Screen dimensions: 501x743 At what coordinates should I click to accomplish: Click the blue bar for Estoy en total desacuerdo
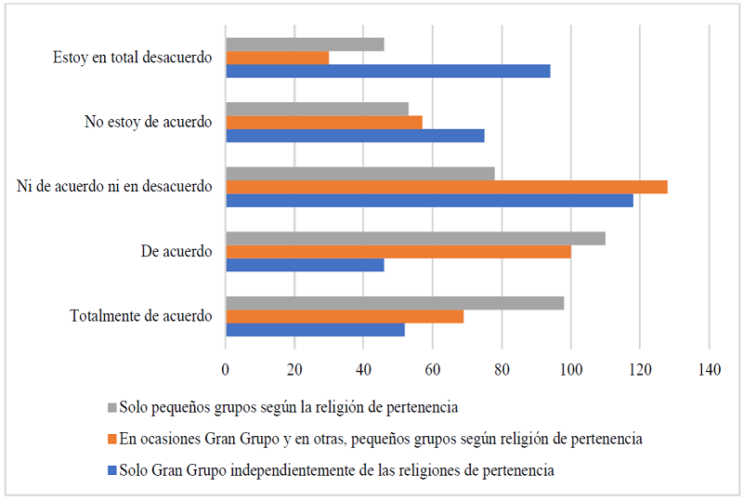click(x=388, y=72)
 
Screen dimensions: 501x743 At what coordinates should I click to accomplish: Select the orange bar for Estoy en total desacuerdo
click(x=278, y=58)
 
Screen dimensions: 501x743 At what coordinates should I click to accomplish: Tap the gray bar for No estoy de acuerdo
click(x=318, y=109)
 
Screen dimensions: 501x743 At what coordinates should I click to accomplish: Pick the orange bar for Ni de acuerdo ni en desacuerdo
click(x=447, y=187)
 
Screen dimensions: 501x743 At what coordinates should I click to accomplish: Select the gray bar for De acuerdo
click(x=415, y=238)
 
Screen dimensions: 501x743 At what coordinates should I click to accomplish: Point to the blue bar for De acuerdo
click(x=305, y=265)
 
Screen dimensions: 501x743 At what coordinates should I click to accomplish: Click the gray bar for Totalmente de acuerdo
click(x=395, y=303)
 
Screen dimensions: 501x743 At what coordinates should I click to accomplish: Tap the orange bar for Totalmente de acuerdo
click(x=345, y=317)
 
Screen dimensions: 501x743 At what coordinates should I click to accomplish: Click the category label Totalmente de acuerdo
click(x=141, y=316)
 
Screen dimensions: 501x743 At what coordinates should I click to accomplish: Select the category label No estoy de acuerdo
click(x=149, y=122)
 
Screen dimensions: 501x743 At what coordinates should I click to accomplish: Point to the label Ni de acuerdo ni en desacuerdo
click(x=114, y=187)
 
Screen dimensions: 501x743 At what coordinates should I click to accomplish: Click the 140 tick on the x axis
click(x=710, y=370)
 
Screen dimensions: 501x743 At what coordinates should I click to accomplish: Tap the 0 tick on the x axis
click(x=226, y=370)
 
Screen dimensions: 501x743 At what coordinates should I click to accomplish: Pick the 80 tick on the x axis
click(x=502, y=370)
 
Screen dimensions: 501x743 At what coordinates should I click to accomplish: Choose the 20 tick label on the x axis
click(x=294, y=370)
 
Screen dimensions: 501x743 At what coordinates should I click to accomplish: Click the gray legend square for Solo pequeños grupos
click(x=112, y=407)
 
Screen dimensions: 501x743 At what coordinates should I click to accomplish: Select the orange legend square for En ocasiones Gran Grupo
click(x=112, y=439)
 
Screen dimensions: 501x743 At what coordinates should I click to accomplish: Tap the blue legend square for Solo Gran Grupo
click(x=112, y=470)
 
